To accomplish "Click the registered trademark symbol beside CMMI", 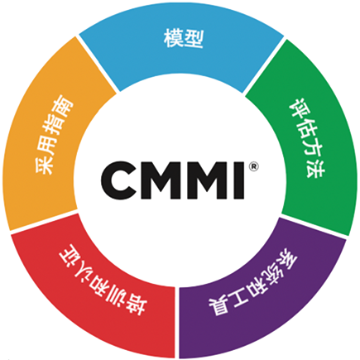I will (x=256, y=166).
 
